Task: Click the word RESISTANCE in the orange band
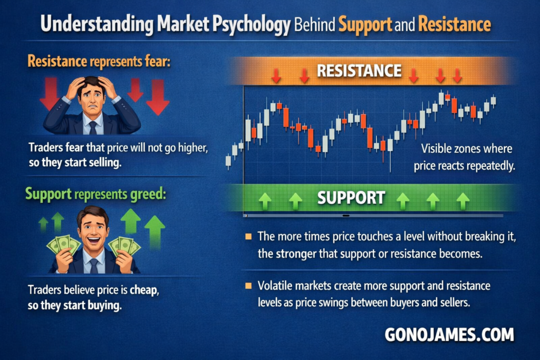point(359,71)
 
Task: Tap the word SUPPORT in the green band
point(351,198)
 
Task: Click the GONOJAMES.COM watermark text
point(449,335)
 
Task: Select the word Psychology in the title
point(252,25)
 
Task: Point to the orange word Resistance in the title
point(454,24)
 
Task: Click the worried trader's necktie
point(93,128)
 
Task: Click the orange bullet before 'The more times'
point(248,237)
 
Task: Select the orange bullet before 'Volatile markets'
point(248,286)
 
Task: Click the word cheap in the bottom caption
point(143,290)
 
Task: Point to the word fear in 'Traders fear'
point(75,147)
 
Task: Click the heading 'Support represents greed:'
point(95,194)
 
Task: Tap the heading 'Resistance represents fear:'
point(99,61)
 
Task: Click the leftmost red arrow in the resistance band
point(276,75)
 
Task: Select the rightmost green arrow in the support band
point(463,201)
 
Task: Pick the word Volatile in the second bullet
point(275,286)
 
